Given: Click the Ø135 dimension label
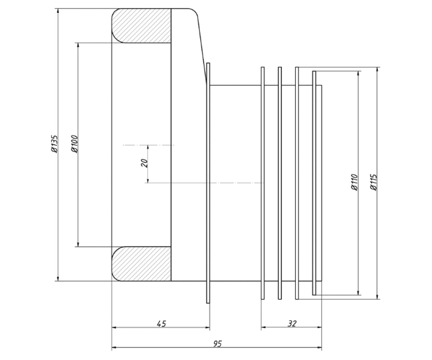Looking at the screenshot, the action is pyautogui.click(x=54, y=144).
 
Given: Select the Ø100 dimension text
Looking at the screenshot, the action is pyautogui.click(x=75, y=144).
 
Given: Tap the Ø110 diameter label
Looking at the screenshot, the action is pyautogui.click(x=354, y=182).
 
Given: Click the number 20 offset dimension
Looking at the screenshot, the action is pyautogui.click(x=144, y=163).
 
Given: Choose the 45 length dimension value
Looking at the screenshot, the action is pyautogui.click(x=161, y=324).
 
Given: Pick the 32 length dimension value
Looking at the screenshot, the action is pyautogui.click(x=292, y=324).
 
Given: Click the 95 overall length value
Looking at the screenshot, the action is pyautogui.click(x=217, y=344).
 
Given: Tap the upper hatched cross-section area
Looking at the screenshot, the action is pyautogui.click(x=141, y=26).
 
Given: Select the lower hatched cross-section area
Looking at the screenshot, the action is pyautogui.click(x=141, y=264).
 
